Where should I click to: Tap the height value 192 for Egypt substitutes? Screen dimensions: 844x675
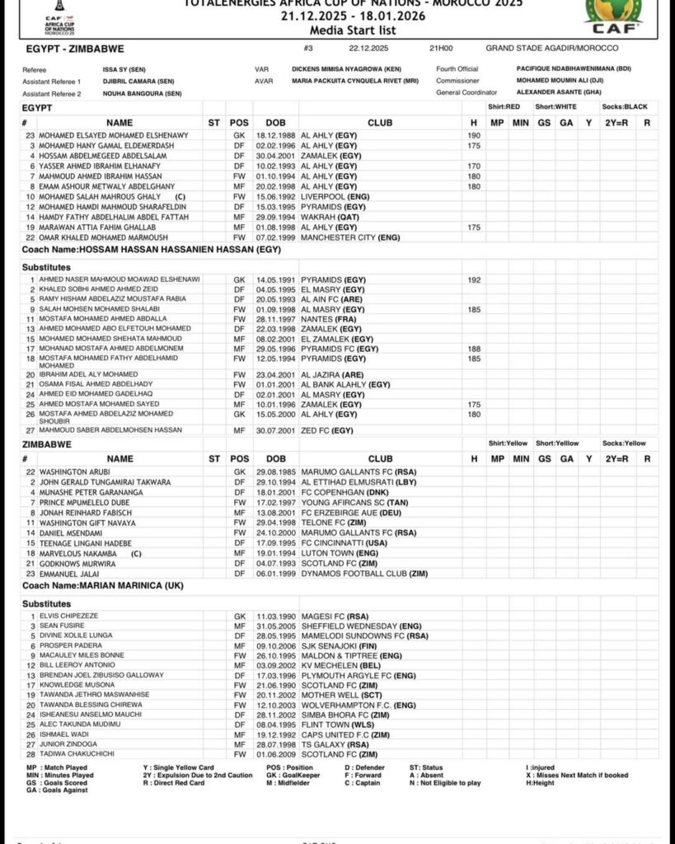[x=474, y=279]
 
